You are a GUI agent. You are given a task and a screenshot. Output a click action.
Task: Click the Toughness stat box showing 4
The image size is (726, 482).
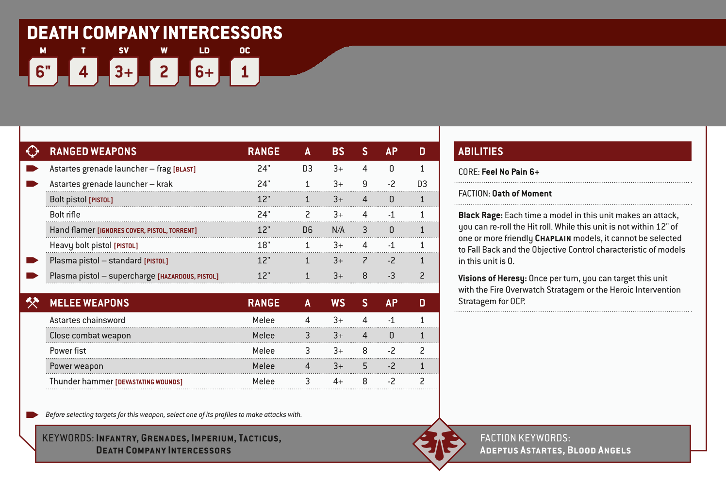(x=83, y=72)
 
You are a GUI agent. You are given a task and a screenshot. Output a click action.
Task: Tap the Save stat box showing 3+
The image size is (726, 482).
(x=124, y=72)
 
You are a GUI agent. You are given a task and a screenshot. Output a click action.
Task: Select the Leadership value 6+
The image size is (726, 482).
(x=204, y=72)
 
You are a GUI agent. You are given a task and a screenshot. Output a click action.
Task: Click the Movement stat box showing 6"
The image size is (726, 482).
(x=43, y=72)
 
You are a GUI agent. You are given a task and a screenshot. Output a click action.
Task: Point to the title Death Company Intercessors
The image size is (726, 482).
(x=155, y=33)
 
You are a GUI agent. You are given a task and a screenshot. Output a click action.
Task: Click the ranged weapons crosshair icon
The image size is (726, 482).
(x=33, y=151)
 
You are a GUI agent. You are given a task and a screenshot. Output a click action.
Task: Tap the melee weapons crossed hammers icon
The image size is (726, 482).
(x=33, y=303)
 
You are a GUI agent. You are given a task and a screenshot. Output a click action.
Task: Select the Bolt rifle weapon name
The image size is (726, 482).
(x=65, y=215)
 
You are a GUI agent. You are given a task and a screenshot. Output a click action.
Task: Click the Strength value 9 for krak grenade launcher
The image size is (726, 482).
(x=365, y=184)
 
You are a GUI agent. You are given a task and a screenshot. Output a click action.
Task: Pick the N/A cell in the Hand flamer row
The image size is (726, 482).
(x=338, y=230)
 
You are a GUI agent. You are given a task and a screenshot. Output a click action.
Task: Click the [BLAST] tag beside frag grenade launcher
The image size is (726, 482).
(x=184, y=170)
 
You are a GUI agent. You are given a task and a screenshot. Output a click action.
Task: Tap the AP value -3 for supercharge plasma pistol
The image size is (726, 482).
(x=392, y=276)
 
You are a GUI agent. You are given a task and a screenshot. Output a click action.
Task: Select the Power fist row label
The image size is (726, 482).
(x=68, y=351)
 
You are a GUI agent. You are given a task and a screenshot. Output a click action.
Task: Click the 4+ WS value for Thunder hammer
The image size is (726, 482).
(x=338, y=381)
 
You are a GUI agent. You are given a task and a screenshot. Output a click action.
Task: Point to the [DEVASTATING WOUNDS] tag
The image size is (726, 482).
(x=149, y=382)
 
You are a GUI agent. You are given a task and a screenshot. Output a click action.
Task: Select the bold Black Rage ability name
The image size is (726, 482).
(x=480, y=215)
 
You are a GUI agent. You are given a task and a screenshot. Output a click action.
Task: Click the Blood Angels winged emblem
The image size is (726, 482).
(x=439, y=444)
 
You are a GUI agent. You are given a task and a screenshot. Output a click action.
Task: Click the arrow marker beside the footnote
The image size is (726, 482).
(x=32, y=414)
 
